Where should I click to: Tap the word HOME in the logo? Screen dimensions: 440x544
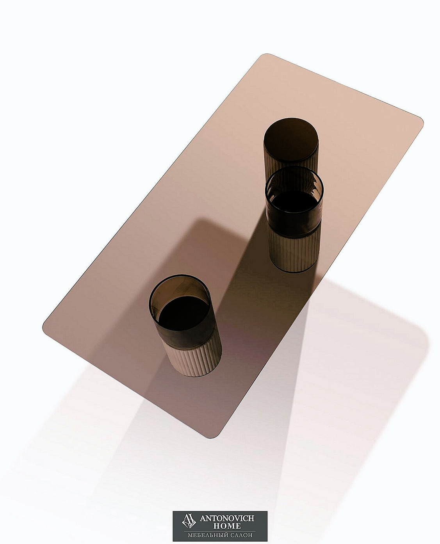(x=227, y=526)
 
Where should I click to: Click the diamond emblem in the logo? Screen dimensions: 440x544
(x=189, y=521)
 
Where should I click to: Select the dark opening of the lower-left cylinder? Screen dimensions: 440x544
(x=184, y=313)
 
